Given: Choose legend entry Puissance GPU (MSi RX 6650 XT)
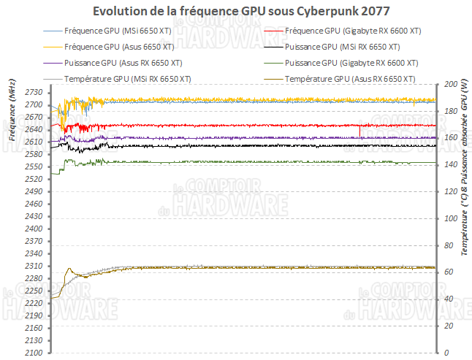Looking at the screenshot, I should point(351,47).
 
